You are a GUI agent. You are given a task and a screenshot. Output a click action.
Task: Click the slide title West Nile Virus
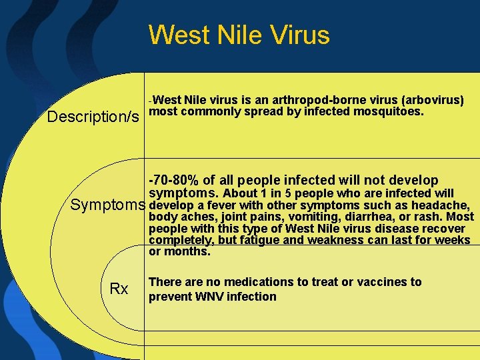239,35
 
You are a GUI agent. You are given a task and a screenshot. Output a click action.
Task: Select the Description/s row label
93,117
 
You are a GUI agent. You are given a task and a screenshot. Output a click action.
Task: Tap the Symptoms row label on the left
108,205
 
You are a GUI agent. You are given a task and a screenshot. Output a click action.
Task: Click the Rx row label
119,289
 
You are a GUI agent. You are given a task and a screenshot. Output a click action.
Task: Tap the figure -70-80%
174,180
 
